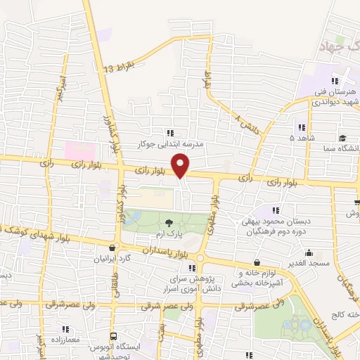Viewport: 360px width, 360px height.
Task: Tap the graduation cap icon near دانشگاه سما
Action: (342, 139)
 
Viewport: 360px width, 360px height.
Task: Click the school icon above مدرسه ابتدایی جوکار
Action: (169, 132)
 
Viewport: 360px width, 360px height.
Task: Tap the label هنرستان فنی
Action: (338, 92)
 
